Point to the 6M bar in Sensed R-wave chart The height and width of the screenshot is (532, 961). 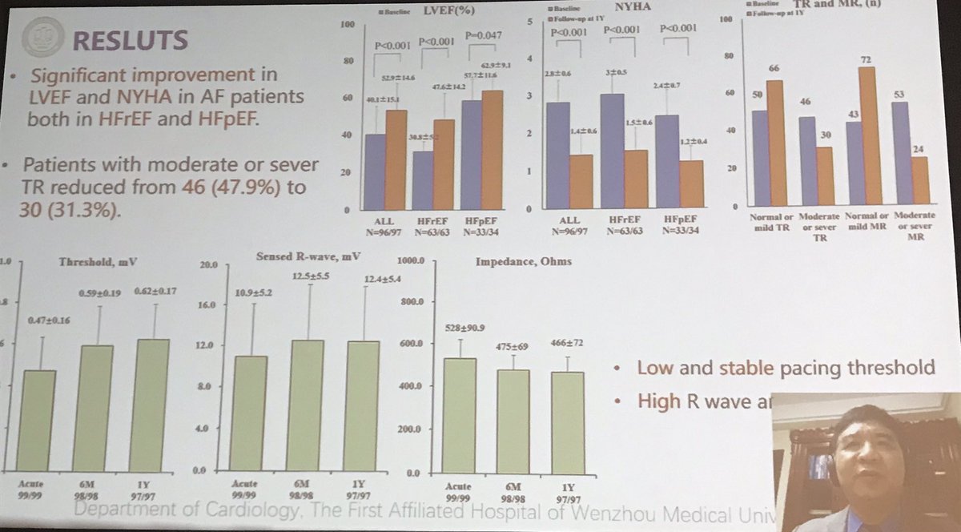coord(308,405)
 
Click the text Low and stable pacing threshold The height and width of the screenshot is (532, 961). coord(785,368)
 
